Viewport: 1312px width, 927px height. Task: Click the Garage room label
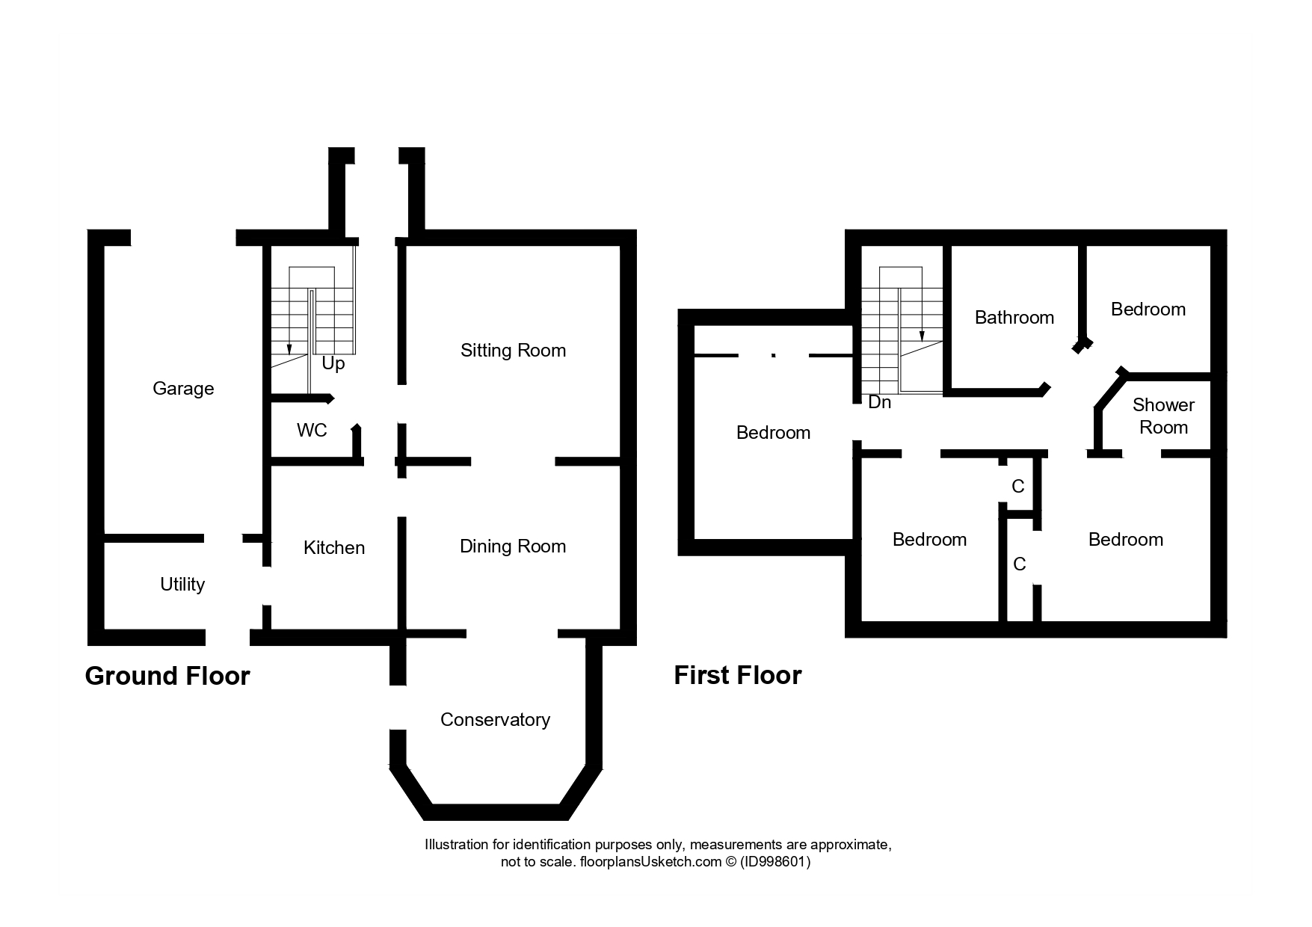[x=183, y=389]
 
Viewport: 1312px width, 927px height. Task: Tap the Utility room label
[x=182, y=585]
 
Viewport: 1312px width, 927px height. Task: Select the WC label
[x=312, y=431]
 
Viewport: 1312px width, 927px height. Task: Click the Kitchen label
[x=334, y=548]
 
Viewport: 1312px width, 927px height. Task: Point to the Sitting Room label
[x=513, y=351]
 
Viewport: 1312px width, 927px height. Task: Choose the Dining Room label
[x=513, y=546]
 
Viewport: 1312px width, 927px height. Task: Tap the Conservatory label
[x=495, y=720]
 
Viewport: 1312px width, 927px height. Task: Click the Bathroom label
[x=1014, y=318]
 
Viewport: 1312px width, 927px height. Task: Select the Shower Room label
[x=1163, y=416]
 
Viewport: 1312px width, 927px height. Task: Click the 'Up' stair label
[x=333, y=364]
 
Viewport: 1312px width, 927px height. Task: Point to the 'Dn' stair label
[x=880, y=402]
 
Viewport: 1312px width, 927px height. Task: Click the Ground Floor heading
[x=167, y=676]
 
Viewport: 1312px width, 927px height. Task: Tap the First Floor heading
[x=738, y=675]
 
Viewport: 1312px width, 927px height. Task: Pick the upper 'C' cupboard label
[x=1017, y=487]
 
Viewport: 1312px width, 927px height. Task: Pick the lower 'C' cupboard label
[x=1020, y=564]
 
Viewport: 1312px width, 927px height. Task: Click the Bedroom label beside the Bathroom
[x=1148, y=309]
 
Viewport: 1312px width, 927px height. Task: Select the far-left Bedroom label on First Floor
[x=773, y=433]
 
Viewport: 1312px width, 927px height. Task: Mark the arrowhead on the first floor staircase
[x=922, y=336]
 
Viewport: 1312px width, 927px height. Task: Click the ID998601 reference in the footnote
[x=775, y=862]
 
